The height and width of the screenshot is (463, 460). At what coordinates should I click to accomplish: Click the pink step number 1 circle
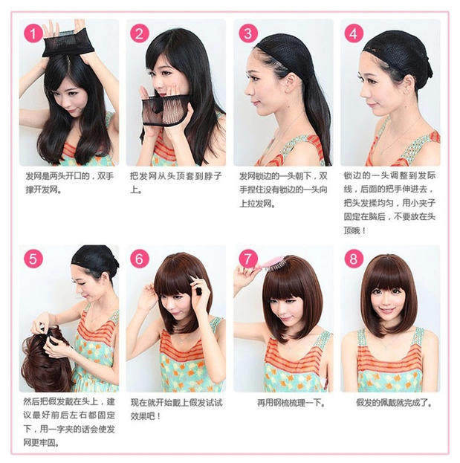click(33, 33)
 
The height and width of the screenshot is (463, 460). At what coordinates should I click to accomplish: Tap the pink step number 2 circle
click(140, 33)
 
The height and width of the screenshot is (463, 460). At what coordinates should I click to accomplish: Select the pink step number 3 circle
click(248, 33)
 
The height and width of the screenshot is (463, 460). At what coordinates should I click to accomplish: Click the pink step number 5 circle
click(33, 258)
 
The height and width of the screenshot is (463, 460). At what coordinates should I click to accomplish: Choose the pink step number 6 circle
click(140, 258)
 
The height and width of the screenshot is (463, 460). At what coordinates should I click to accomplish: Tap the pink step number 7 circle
click(248, 258)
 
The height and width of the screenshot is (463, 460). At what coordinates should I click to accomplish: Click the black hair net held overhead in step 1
click(68, 44)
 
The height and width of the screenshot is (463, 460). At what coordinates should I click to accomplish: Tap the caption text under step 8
click(393, 402)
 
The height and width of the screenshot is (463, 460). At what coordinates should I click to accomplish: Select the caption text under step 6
click(175, 408)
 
